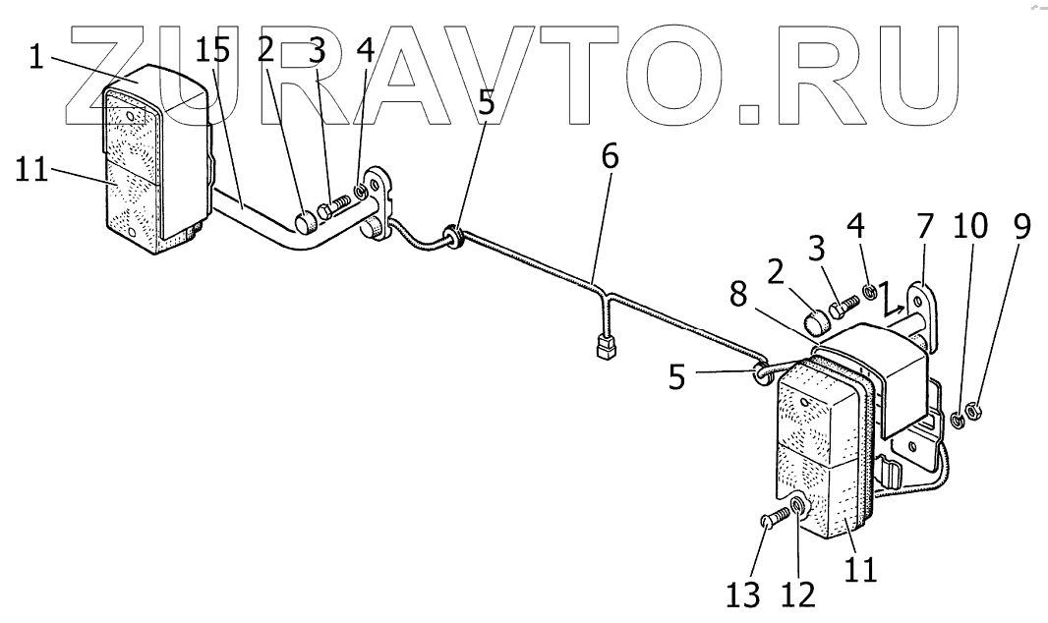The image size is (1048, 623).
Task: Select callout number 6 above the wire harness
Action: pyautogui.click(x=610, y=158)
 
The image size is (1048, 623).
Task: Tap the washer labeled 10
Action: pyautogui.click(x=956, y=423)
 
